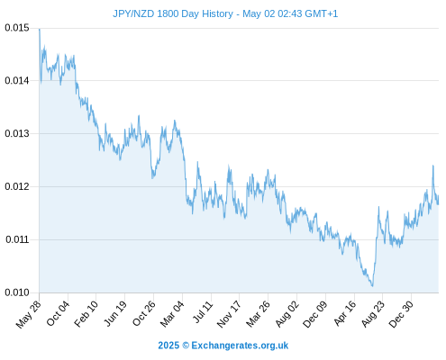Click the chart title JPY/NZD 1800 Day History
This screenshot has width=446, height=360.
click(173, 13)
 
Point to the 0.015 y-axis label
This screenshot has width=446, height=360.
click(17, 28)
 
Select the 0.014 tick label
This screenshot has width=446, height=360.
click(17, 80)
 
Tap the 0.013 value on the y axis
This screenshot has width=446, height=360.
click(17, 133)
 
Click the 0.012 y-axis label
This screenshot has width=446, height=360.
click(17, 186)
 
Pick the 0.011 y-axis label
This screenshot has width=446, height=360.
click(17, 239)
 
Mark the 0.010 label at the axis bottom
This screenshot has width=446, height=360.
click(17, 292)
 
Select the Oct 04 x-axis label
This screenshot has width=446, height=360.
click(58, 313)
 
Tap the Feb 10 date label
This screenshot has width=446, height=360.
click(86, 314)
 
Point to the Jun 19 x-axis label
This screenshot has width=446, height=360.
click(115, 313)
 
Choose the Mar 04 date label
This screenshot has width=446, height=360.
click(172, 314)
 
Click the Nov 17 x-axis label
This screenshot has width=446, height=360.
click(229, 314)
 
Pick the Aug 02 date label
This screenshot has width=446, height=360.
click(287, 314)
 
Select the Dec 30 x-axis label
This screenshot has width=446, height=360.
click(401, 314)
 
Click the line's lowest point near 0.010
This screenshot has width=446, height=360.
click(372, 286)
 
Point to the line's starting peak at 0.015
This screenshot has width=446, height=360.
click(40, 29)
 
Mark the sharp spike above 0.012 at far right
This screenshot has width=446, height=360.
click(433, 166)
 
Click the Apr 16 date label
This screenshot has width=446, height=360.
click(345, 313)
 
